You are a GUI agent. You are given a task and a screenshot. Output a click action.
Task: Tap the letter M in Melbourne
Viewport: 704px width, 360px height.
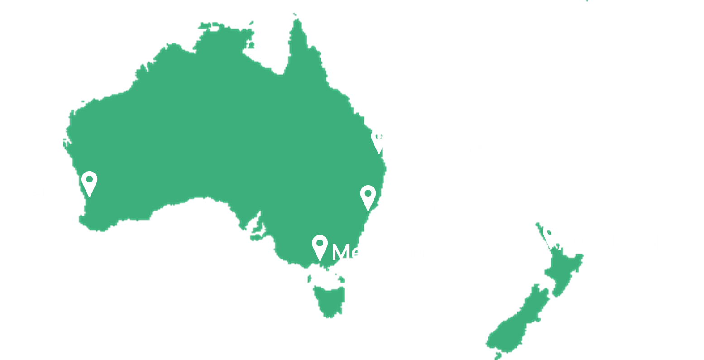coord(342,252)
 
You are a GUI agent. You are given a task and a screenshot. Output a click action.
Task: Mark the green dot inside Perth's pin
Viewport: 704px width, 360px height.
coord(89,179)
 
